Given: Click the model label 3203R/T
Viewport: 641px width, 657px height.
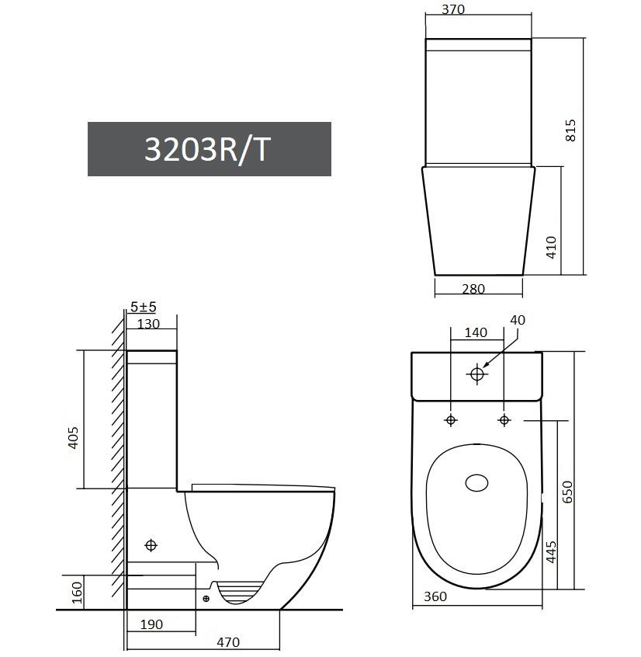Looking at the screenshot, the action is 207,150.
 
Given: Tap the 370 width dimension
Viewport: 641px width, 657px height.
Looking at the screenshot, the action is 453,9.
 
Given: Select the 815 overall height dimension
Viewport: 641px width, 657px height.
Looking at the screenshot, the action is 570,130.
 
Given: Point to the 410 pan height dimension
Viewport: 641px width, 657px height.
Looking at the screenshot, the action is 552,247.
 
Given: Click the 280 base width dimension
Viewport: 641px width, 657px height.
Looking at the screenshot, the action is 473,289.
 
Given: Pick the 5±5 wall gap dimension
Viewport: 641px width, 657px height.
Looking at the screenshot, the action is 144,307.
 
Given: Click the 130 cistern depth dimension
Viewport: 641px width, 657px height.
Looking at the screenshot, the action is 148,324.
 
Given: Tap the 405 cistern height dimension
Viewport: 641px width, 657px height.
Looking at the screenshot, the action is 73,438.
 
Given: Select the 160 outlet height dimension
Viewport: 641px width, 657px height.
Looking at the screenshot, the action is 77,593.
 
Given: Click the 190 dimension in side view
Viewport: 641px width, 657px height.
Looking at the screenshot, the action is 151,624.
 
